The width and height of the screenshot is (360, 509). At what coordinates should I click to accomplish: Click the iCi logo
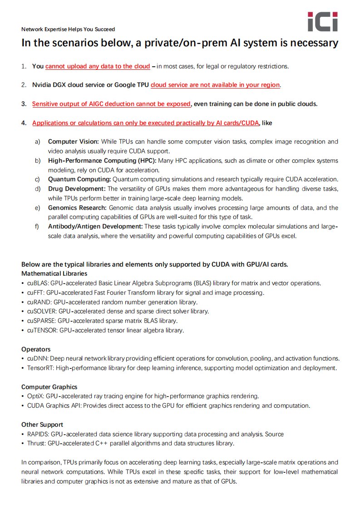tap(322, 22)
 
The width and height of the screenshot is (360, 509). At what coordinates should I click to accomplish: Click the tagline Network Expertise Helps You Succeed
tap(68, 29)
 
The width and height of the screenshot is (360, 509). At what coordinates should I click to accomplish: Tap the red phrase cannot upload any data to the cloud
tap(98, 66)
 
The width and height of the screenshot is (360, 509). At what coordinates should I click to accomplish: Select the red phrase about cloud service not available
tap(215, 85)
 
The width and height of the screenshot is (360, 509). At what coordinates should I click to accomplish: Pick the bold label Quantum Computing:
tap(79, 179)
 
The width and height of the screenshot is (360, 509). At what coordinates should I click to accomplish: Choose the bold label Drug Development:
tap(77, 189)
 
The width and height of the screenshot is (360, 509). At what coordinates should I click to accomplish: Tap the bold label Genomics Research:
tap(78, 208)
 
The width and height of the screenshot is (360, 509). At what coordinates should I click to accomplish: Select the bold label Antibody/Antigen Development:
tap(95, 226)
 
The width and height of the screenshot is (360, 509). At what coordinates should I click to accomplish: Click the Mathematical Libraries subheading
tap(54, 274)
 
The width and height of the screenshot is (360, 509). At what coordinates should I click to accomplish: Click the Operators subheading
tap(36, 349)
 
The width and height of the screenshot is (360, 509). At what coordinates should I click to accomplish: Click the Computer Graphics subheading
tap(49, 387)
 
